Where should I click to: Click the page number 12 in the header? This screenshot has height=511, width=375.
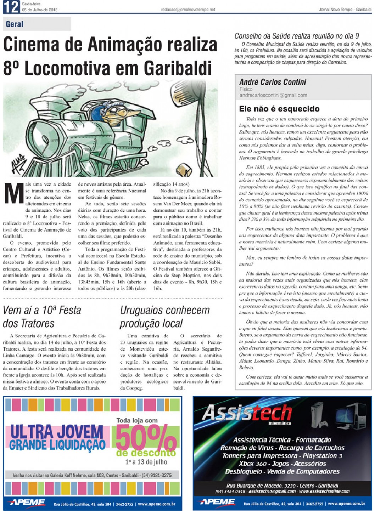click(11, 7)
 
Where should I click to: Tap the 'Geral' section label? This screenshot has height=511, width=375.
click(15, 24)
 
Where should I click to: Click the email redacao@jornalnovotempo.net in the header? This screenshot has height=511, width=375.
click(188, 10)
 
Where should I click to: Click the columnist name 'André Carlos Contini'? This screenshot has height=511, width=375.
click(273, 82)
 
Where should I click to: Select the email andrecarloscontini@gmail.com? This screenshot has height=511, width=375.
click(273, 95)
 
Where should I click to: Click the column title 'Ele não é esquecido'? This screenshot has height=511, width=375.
click(279, 109)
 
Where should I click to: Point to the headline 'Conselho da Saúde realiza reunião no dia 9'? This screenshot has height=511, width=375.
click(297, 36)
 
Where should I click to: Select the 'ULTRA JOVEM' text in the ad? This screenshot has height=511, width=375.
click(57, 431)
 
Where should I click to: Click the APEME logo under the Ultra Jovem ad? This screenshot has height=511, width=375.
click(27, 503)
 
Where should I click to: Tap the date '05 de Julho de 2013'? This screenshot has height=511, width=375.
click(40, 10)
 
